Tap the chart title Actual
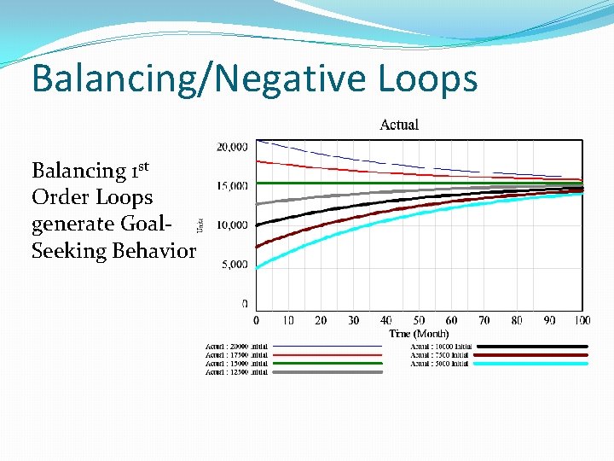(x=398, y=125)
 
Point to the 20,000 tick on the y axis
(x=232, y=147)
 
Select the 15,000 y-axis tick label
(x=232, y=185)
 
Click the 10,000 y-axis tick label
(x=232, y=225)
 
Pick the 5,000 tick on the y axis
(x=235, y=264)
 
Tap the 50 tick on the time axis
(x=419, y=320)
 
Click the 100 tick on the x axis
(x=581, y=320)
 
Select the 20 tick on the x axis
(x=321, y=320)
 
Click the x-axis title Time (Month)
(x=419, y=333)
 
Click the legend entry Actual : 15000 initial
(x=236, y=364)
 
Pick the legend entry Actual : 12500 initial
(x=236, y=372)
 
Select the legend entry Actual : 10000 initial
(x=440, y=347)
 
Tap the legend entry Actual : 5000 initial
(x=440, y=364)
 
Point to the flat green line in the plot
(x=384, y=183)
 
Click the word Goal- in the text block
(x=142, y=225)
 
